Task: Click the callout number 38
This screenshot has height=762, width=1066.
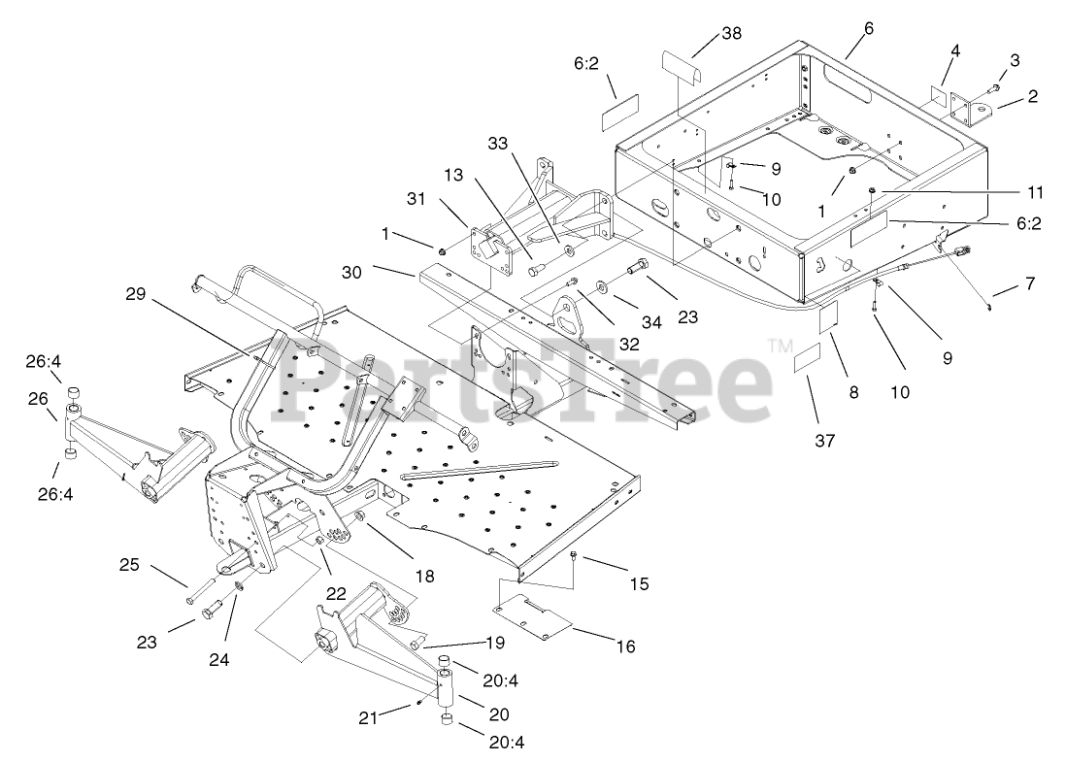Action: point(731,33)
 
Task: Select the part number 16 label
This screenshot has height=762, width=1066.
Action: point(625,646)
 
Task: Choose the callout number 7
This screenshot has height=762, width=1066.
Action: point(1028,284)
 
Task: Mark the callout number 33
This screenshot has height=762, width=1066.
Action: point(498,143)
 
